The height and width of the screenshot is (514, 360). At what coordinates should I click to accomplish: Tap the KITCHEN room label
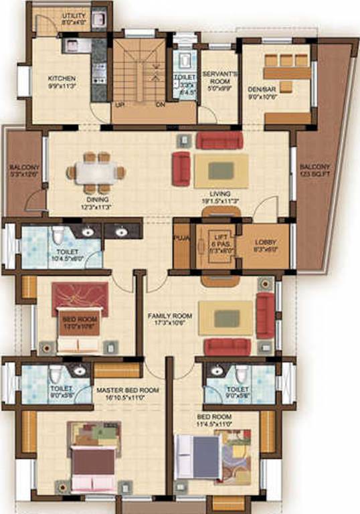(x=61, y=78)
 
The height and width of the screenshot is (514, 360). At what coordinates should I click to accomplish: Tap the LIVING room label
(x=220, y=192)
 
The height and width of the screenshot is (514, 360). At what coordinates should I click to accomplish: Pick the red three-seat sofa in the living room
(x=219, y=139)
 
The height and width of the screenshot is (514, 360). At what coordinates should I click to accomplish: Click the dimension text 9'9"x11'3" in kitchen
(x=61, y=86)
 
